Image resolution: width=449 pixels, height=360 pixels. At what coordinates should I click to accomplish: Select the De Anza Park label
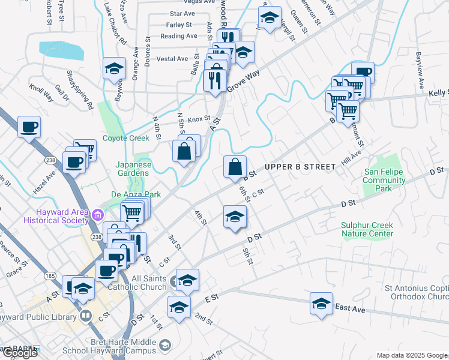coord(136,195)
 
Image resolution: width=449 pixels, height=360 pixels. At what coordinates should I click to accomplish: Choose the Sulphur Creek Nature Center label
coord(367,229)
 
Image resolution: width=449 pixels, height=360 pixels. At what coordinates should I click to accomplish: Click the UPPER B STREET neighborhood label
coord(299,166)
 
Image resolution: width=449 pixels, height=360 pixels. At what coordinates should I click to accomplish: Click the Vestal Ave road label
coord(172,59)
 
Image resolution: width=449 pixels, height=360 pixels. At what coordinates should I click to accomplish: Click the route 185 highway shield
coord(51,276)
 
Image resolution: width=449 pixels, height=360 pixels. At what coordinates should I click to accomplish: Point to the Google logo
coord(19,352)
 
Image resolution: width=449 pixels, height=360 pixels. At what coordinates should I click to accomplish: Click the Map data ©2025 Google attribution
coord(411,355)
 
